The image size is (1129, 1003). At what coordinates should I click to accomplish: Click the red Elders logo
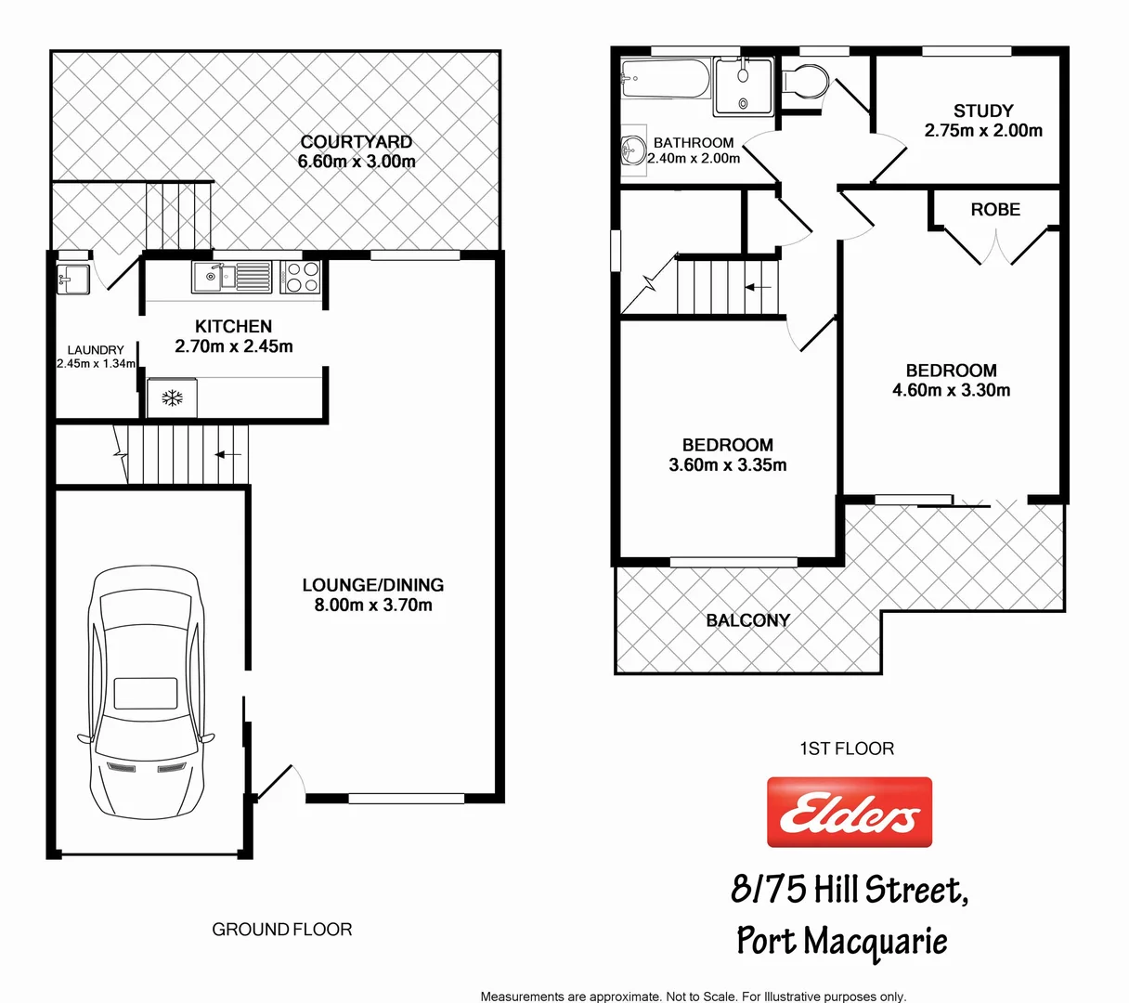[x=849, y=813]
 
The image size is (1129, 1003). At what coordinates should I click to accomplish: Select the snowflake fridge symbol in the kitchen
[x=172, y=398]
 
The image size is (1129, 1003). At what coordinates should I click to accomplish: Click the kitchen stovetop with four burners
[x=300, y=277]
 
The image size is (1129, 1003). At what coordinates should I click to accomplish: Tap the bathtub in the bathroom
[x=665, y=79]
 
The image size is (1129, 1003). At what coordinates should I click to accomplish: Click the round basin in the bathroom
[x=634, y=149]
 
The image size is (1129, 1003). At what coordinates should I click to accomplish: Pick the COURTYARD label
[x=356, y=142]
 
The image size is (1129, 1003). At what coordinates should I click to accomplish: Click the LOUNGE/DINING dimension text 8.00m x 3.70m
[x=372, y=606]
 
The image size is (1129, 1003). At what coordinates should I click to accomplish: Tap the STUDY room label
[x=983, y=111]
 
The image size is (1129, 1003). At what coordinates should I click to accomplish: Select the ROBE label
[x=995, y=210]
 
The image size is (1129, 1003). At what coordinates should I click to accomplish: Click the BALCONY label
[x=747, y=620]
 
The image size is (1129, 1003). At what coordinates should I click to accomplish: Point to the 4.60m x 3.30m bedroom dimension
[x=951, y=391]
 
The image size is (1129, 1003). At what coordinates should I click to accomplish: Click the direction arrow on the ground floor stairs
[x=228, y=454]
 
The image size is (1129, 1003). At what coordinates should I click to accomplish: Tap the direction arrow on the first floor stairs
[x=759, y=287]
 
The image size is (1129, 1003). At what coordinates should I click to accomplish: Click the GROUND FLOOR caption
[x=282, y=930]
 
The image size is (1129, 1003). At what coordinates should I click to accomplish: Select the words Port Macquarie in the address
[x=842, y=941]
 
